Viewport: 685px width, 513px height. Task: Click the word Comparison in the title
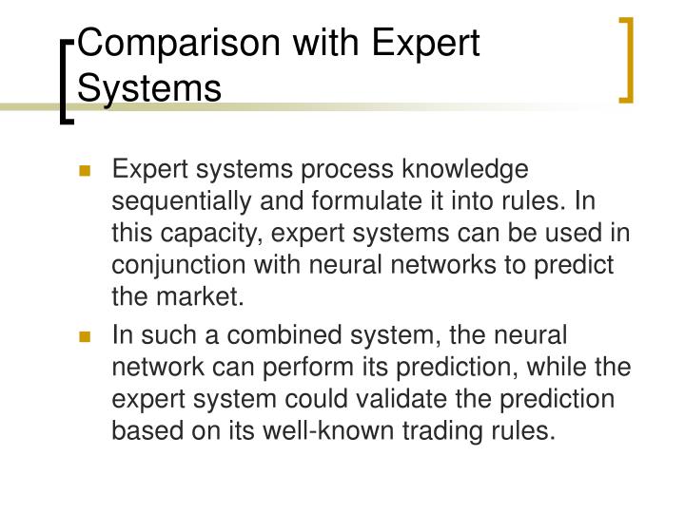click(x=158, y=45)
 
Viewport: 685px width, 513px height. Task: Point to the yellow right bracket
click(x=628, y=59)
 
